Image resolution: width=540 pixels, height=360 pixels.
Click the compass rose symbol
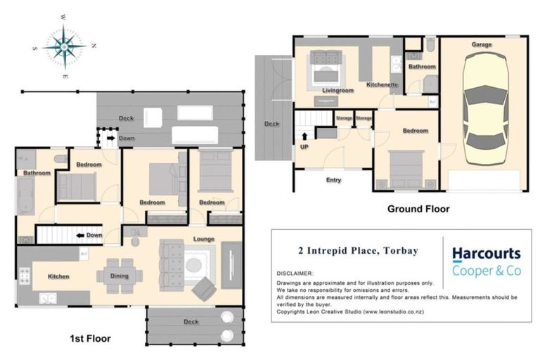64,46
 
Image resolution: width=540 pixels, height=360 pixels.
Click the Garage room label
482,44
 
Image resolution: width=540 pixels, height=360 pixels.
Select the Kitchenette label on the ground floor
382,85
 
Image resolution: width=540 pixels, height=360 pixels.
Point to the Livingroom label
337,90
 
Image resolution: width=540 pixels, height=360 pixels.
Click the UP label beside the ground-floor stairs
304,147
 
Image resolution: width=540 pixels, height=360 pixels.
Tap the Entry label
333,180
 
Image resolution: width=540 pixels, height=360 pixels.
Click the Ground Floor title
418,209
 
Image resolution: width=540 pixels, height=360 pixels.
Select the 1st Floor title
90,338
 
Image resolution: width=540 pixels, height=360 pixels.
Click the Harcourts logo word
486,253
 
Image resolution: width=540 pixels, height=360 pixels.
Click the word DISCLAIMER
295,274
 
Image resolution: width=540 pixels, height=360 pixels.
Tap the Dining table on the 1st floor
119,275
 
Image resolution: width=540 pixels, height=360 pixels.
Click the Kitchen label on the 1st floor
58,276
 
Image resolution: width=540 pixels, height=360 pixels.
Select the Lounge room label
205,239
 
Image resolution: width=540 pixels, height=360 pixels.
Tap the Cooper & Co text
486,271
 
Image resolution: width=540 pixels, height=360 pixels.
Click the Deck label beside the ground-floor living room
271,124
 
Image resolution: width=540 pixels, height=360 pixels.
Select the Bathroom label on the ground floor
423,67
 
